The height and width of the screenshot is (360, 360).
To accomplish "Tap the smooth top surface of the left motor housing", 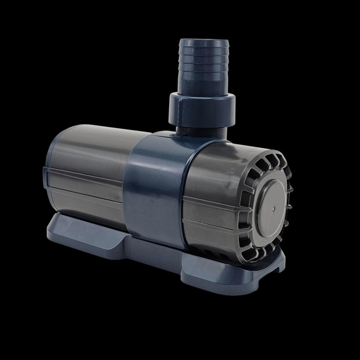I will (x=90, y=139).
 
